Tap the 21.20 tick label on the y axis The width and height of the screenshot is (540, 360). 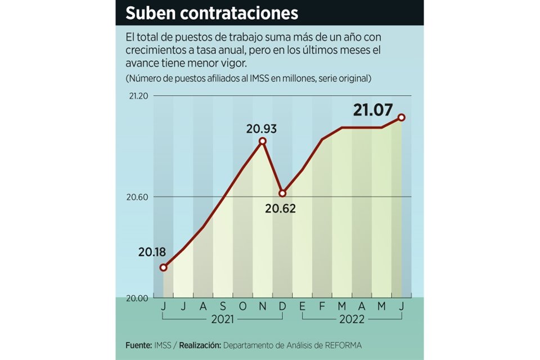click(137, 96)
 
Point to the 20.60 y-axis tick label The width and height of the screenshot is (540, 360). click(137, 197)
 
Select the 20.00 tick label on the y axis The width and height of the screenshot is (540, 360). click(137, 298)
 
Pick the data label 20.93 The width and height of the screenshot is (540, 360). click(262, 129)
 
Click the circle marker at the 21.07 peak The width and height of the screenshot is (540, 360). click(402, 117)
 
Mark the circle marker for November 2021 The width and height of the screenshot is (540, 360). click(263, 141)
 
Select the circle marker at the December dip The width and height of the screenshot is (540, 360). click(282, 193)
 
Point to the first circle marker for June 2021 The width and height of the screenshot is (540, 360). click(163, 268)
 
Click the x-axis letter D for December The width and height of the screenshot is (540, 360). click(282, 307)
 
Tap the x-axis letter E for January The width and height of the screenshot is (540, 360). click(303, 307)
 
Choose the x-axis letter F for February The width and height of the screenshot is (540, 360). click(322, 307)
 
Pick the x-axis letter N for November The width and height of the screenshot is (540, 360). click(263, 307)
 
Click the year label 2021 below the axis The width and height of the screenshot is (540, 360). click(223, 319)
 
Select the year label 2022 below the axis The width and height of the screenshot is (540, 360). click(352, 319)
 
